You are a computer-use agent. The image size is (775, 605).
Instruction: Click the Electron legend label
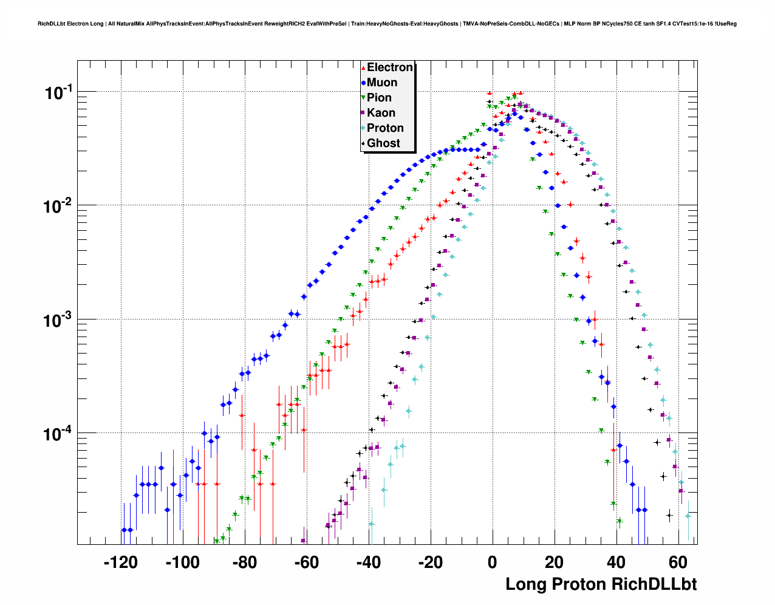(x=390, y=67)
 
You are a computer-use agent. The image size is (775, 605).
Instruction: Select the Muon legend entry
(x=382, y=83)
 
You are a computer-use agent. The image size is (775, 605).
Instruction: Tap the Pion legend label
(x=379, y=98)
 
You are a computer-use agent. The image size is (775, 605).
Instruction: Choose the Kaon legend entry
(x=381, y=113)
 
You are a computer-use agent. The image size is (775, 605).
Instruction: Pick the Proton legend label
(x=385, y=128)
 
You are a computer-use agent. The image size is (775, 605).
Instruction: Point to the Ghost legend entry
(x=383, y=143)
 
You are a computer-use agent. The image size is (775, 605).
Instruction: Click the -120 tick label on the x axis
(x=120, y=562)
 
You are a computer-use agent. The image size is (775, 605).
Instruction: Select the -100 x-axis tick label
(x=182, y=562)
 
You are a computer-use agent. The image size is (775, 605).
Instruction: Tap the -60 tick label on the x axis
(x=306, y=562)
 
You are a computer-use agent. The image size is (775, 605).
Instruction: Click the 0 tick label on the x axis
(x=493, y=562)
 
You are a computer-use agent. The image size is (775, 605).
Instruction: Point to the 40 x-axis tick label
(x=616, y=562)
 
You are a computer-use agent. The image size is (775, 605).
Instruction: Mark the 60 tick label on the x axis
(x=678, y=562)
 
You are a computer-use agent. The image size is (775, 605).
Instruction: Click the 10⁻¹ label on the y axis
(x=58, y=93)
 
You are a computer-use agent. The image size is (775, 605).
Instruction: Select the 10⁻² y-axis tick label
(x=58, y=207)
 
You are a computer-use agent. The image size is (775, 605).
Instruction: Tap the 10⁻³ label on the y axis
(x=58, y=320)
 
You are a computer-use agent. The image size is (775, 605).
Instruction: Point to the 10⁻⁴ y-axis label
(x=58, y=434)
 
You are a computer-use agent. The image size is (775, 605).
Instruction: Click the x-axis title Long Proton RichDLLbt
(x=601, y=584)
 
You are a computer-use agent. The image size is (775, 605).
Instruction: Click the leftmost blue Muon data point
(x=124, y=530)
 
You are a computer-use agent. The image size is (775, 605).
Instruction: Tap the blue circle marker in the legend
(x=363, y=83)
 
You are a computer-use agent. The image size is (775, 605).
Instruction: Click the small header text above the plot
(x=387, y=24)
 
